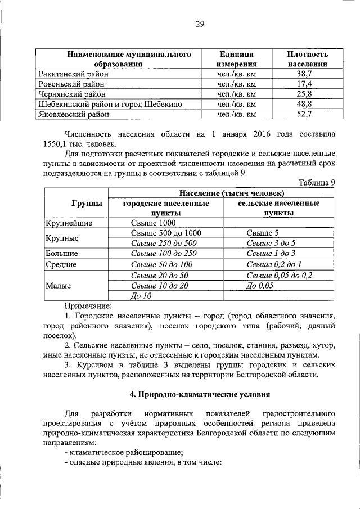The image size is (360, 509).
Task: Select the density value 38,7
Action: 304,74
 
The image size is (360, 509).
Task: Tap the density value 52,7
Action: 304,114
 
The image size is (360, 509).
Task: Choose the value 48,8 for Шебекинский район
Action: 304,104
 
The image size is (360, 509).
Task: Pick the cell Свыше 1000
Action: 150,223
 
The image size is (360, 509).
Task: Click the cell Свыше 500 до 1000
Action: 165,233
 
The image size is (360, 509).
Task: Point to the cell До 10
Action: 141,295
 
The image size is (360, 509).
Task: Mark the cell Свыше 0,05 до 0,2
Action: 280,275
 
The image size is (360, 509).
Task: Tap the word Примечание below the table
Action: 88,305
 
